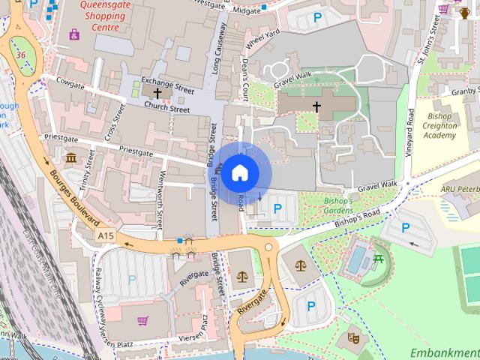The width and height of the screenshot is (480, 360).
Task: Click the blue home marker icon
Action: pyautogui.click(x=240, y=172)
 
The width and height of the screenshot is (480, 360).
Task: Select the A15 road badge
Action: pyautogui.click(x=106, y=236)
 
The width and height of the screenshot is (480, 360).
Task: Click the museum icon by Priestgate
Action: pyautogui.click(x=71, y=158)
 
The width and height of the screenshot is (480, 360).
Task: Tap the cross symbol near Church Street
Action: pyautogui.click(x=157, y=94)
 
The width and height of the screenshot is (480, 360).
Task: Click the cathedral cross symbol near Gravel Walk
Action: pyautogui.click(x=316, y=107)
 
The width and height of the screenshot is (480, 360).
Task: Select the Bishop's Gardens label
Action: pyautogui.click(x=328, y=206)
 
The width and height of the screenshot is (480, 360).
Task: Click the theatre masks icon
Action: pyautogui.click(x=353, y=338)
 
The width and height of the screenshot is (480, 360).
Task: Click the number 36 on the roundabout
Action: pyautogui.click(x=22, y=55)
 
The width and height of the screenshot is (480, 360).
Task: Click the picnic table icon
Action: pyautogui.click(x=379, y=259)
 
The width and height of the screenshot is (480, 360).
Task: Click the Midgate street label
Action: pyautogui.click(x=247, y=11)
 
